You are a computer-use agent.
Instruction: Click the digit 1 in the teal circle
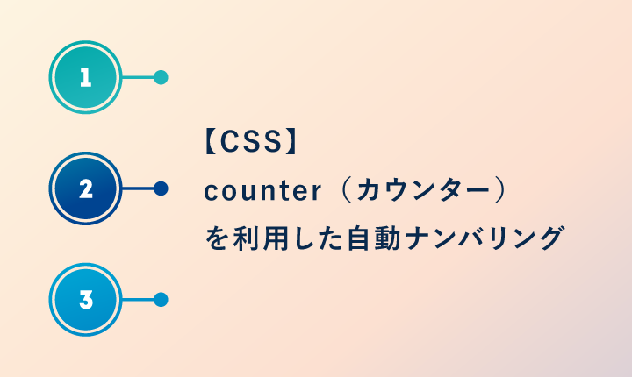point(85,78)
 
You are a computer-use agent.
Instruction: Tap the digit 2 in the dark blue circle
point(85,188)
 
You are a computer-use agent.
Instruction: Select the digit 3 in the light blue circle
point(85,300)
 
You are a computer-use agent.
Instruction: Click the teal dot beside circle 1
point(161,77)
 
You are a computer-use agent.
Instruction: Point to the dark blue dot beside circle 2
point(161,188)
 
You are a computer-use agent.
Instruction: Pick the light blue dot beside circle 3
point(161,300)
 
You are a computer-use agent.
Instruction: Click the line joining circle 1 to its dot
point(138,77)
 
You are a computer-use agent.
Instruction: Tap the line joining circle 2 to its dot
point(138,188)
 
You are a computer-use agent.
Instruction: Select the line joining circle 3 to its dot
point(138,300)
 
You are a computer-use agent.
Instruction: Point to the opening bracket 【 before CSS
point(208,143)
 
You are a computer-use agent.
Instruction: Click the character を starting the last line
point(215,238)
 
